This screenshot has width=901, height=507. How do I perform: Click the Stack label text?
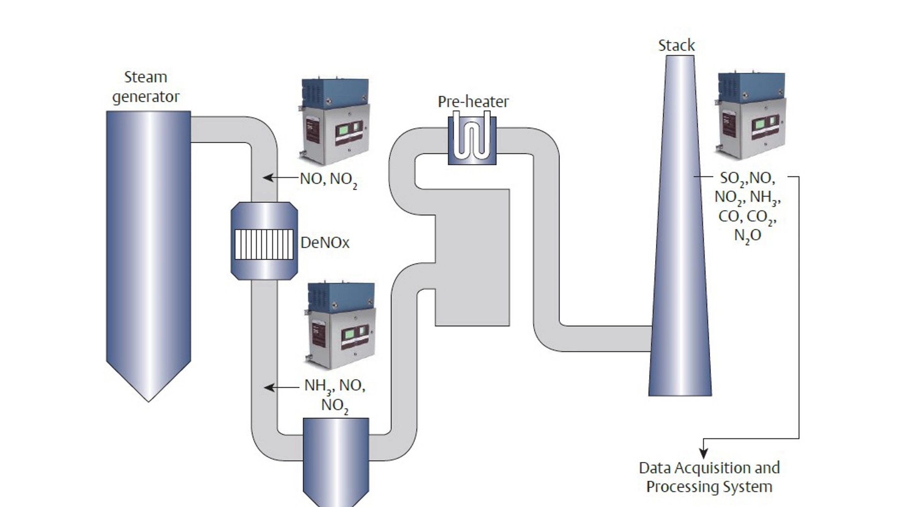(676, 46)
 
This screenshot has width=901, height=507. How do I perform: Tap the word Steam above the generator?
(145, 77)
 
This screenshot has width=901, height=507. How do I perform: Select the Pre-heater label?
(473, 101)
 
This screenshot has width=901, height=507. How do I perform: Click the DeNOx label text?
(325, 243)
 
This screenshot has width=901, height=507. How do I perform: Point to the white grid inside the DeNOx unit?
(264, 244)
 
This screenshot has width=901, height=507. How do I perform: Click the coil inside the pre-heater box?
(472, 137)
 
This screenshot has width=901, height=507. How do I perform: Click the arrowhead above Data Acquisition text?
(703, 453)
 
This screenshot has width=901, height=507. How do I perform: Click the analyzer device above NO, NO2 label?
(334, 121)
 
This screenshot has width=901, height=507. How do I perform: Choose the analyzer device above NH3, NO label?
(341, 325)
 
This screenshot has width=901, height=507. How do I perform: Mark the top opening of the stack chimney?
(680, 57)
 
